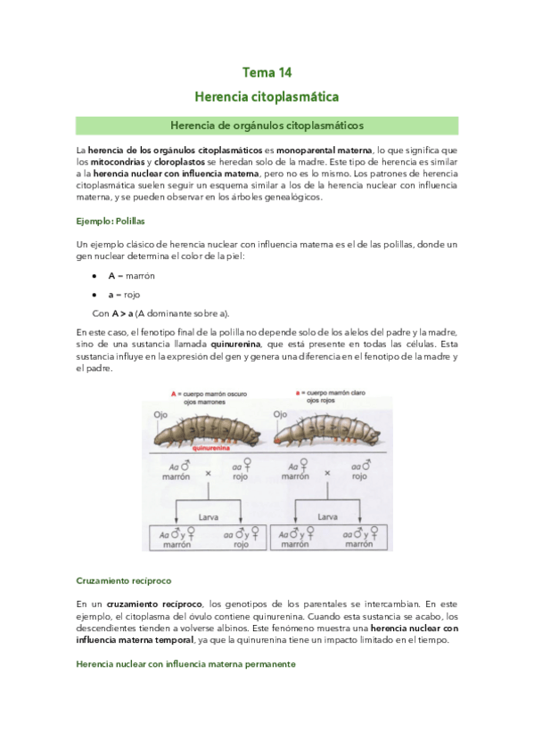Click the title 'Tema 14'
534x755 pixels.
[267, 72]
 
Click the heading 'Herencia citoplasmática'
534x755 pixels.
[267, 94]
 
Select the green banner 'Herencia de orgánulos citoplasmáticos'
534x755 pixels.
[267, 126]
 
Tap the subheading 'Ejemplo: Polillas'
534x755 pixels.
[111, 220]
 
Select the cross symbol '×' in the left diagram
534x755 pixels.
[208, 472]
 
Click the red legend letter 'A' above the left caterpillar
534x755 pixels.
[174, 393]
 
